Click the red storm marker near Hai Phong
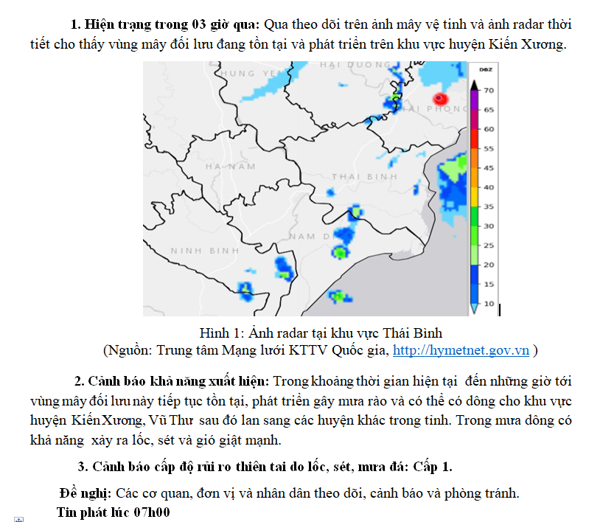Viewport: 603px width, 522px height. [440, 99]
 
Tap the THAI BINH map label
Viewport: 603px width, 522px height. [365, 177]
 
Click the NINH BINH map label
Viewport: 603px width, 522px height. [200, 251]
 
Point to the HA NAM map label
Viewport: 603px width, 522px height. [230, 167]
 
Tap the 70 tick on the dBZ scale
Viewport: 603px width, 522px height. [489, 90]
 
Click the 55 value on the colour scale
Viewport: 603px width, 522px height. [489, 148]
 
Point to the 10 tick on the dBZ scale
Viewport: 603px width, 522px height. [489, 304]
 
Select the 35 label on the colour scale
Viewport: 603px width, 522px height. [489, 207]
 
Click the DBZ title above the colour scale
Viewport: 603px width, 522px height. [486, 69]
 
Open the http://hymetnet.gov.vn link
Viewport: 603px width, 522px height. [461, 350]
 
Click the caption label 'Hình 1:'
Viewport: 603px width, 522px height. [221, 333]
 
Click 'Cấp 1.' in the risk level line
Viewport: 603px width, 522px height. [433, 467]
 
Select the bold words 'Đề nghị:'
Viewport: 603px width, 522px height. [86, 493]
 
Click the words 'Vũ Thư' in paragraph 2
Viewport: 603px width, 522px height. [172, 420]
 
